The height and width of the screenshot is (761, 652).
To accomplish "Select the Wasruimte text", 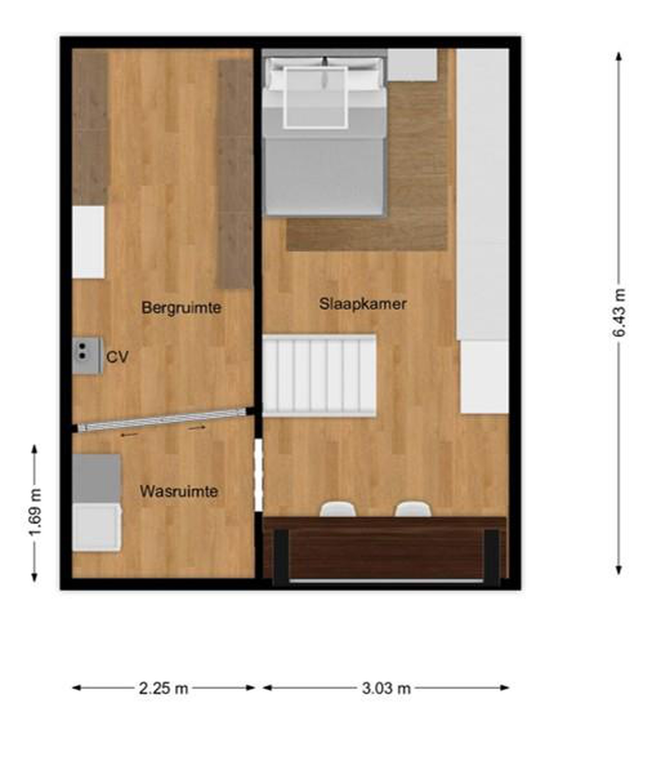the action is point(179,491).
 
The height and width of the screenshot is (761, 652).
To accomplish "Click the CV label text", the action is point(117,357).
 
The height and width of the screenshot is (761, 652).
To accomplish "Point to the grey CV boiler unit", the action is point(87,355).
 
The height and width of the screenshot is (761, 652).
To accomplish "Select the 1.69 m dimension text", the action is point(36,512).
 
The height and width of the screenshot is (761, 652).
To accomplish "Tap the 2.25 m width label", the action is point(163,688).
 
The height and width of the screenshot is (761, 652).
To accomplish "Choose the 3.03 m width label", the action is point(386,688).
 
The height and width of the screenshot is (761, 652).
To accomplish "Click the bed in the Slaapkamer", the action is point(325,136).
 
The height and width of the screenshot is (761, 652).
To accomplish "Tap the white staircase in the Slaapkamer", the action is point(319,375).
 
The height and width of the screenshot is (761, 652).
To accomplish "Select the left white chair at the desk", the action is point(338,509).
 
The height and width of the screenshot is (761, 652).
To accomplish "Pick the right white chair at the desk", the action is point(413,509).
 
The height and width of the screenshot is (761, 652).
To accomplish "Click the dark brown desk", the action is point(386,549).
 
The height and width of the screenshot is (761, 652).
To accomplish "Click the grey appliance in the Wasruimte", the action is point(96,478).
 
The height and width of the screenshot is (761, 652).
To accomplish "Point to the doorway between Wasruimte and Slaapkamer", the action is point(259,475).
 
